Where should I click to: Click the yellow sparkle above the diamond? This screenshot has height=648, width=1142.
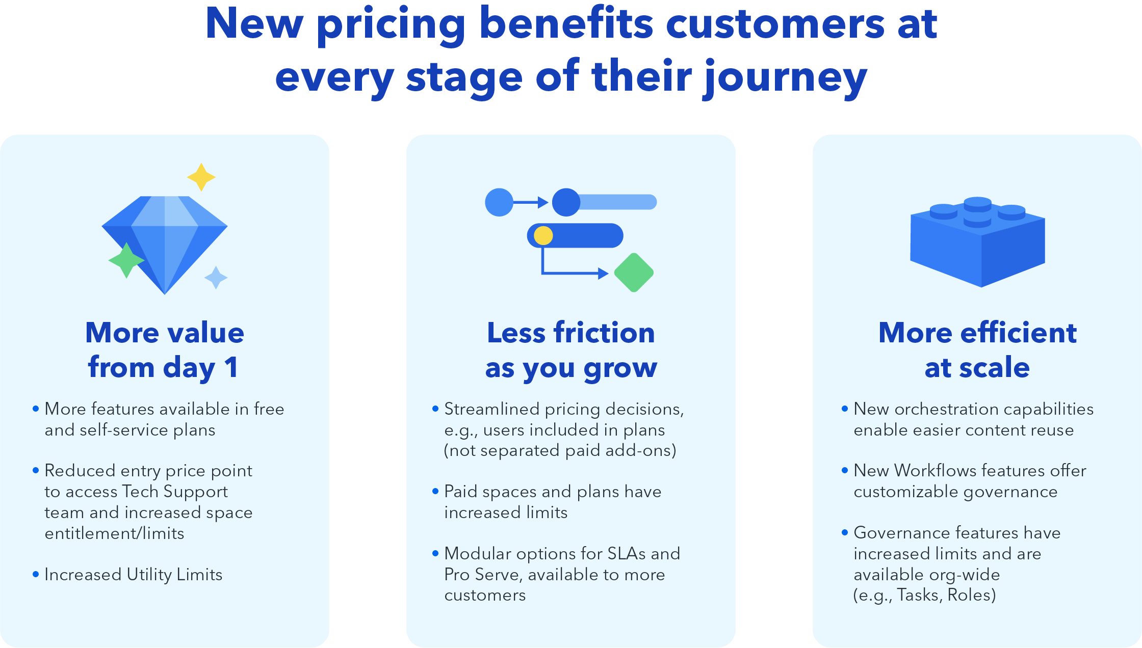pos(201,177)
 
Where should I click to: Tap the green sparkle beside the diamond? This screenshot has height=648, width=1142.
pos(126,260)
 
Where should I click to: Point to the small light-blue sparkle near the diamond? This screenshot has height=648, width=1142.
pos(216,278)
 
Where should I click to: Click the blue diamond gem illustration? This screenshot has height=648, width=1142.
pos(165,239)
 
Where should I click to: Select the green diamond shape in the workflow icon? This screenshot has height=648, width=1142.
pos(634,273)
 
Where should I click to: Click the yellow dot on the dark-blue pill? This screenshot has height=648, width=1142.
pos(543,235)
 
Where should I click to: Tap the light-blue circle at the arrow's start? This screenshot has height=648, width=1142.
pos(499,202)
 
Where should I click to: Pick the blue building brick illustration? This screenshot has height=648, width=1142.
pos(977,242)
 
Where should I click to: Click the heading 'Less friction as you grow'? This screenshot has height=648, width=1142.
pos(571,350)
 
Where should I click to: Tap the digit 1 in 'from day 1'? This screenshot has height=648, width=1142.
pos(231,367)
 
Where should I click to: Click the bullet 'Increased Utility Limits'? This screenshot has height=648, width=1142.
pos(134,575)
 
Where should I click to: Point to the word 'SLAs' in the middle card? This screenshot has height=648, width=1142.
pos(628,553)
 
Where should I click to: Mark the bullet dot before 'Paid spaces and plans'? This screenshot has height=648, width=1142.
pos(435,491)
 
